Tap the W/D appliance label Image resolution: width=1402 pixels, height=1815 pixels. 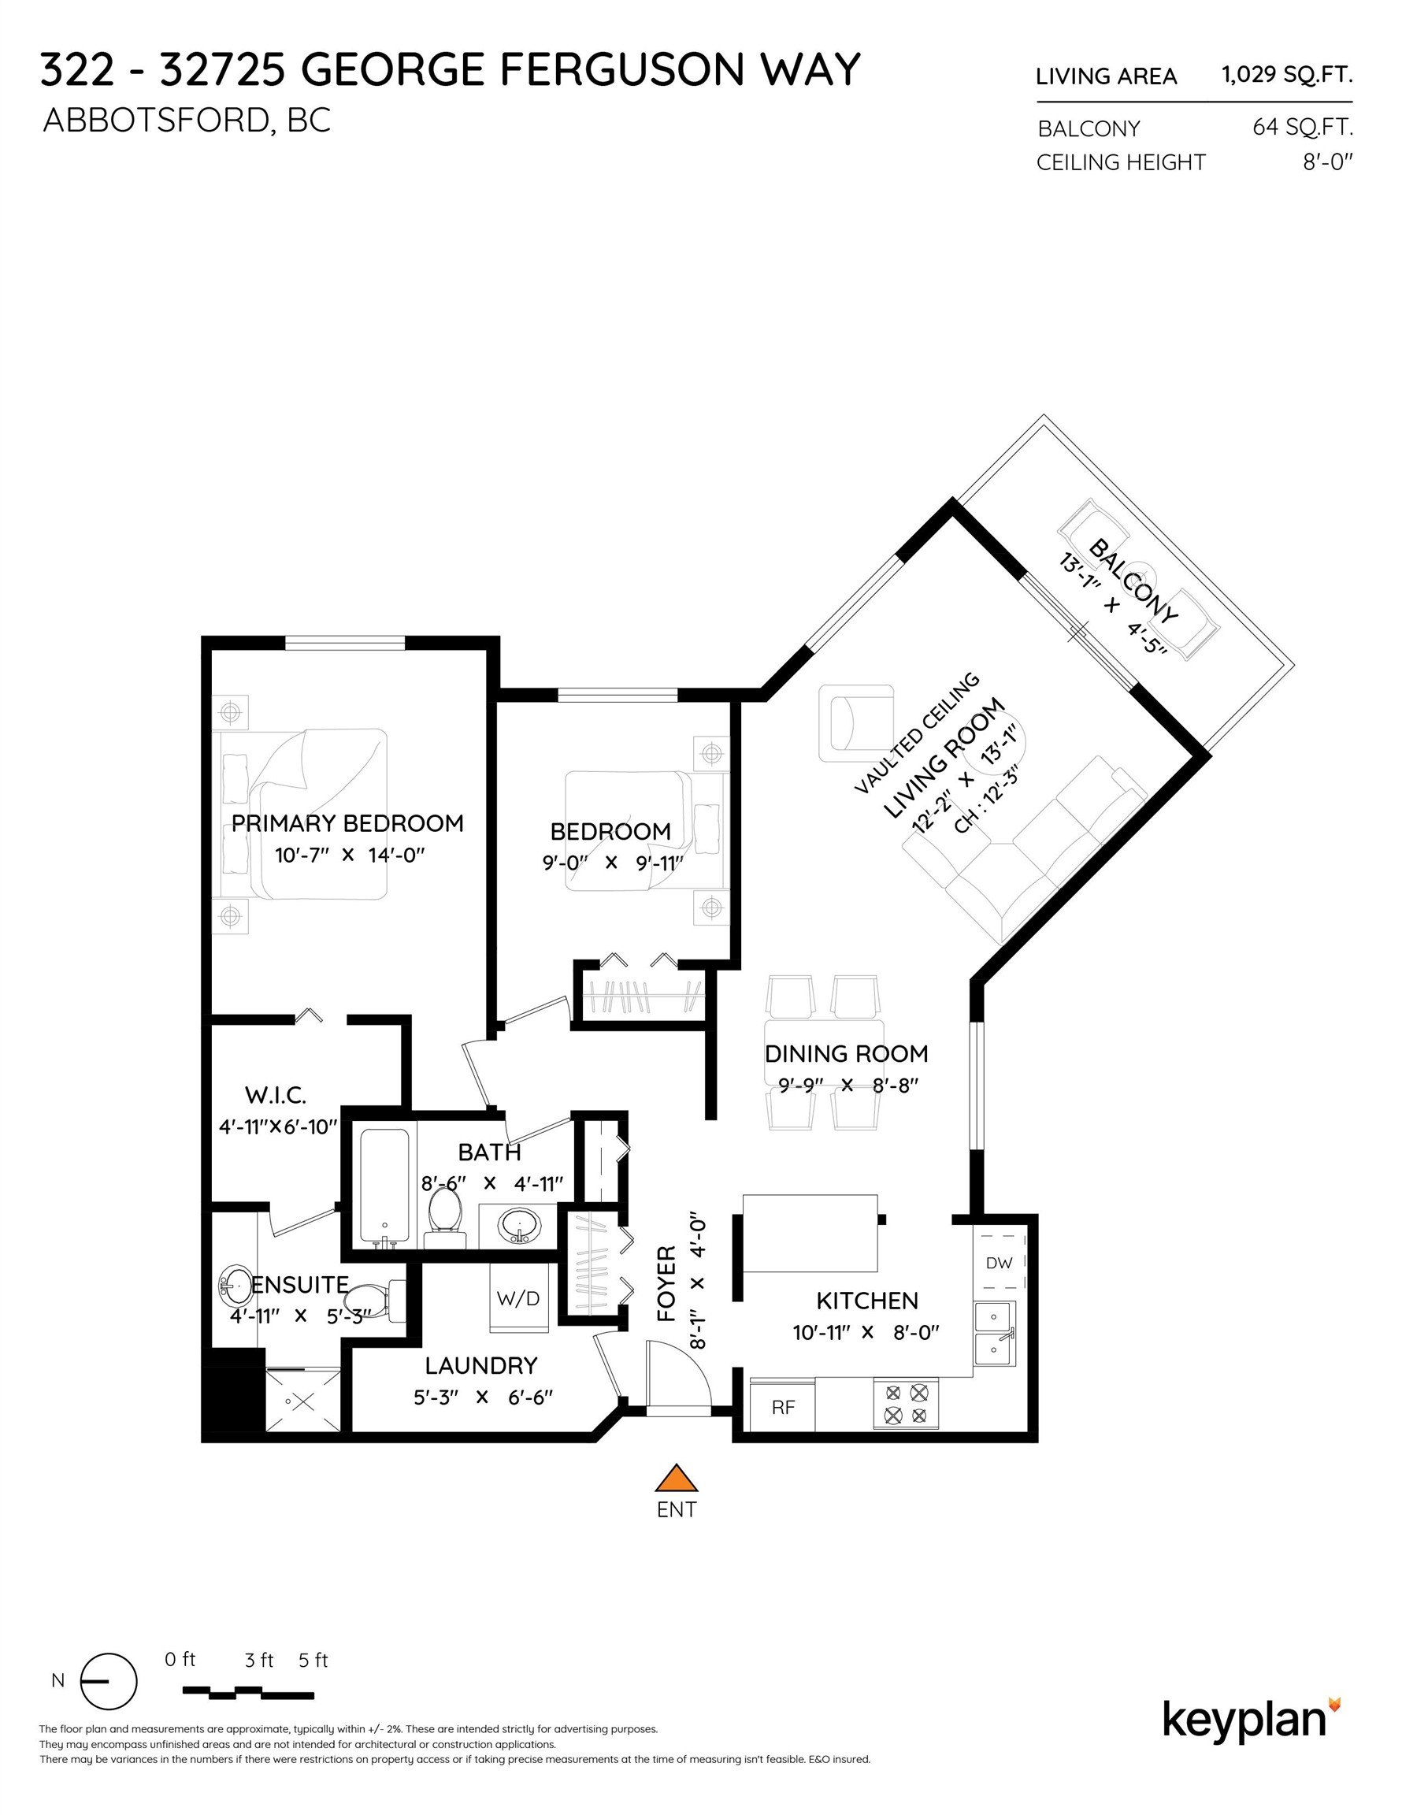[x=517, y=1297]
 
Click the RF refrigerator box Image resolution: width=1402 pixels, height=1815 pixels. [x=783, y=1406]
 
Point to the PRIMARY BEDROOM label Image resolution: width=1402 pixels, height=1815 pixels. [x=347, y=823]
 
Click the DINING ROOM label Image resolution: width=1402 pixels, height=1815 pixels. [x=846, y=1054]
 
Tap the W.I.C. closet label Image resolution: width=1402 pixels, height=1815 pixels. [x=275, y=1094]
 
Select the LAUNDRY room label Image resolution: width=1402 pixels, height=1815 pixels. [x=481, y=1365]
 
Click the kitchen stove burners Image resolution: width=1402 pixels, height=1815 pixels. [x=905, y=1403]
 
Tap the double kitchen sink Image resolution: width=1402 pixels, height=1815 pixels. [x=994, y=1332]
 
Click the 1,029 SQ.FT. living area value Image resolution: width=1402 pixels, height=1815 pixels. [x=1286, y=75]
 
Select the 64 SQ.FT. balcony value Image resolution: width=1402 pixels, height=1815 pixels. [x=1302, y=127]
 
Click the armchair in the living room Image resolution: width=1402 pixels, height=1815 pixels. [x=856, y=722]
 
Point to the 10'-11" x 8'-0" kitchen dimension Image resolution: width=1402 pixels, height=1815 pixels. [x=866, y=1332]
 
